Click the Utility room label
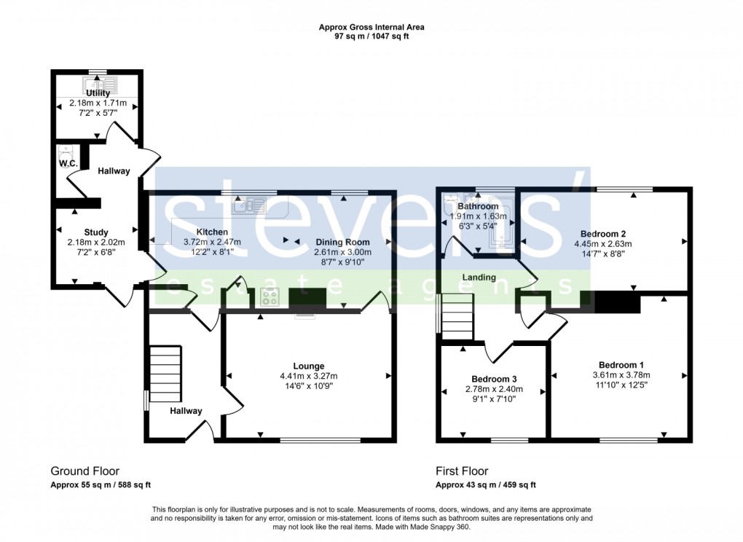98,93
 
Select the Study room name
95,233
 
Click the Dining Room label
342,242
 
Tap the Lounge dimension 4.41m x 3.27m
309,376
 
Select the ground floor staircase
165,373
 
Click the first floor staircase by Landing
458,315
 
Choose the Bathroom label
478,207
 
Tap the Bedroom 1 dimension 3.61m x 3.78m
621,375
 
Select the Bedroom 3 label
494,380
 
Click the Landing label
479,278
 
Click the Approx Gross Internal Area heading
371,27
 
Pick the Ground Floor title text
84,471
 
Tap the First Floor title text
462,471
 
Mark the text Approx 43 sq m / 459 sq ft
485,485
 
